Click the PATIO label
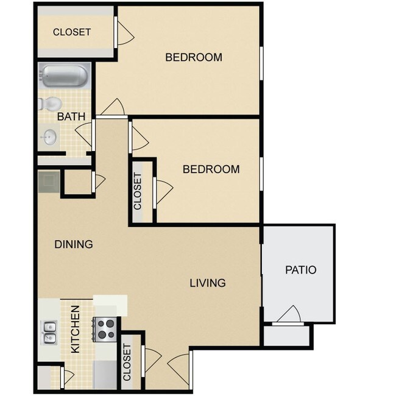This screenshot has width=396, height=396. click(x=301, y=269)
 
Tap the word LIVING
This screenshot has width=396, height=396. click(x=207, y=283)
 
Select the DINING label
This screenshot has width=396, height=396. click(x=74, y=244)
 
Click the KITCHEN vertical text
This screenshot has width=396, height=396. click(x=76, y=330)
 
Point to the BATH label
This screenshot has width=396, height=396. click(x=71, y=116)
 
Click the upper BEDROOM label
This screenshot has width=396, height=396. click(x=194, y=57)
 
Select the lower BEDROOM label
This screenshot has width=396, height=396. click(x=211, y=169)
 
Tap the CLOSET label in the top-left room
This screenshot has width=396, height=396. click(x=72, y=32)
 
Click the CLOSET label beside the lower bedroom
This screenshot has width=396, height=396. click(x=138, y=191)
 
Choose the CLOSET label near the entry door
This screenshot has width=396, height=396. click(x=127, y=362)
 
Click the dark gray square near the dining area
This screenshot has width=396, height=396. click(x=48, y=182)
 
